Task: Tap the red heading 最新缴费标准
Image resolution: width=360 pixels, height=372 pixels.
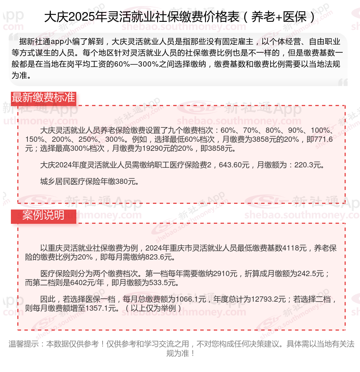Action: coord(43,97)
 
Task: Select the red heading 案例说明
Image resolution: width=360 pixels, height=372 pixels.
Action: coord(43,216)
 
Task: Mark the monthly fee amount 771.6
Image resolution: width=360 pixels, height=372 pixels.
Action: coord(325,139)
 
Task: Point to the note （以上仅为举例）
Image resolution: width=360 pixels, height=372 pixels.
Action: coord(154,308)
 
